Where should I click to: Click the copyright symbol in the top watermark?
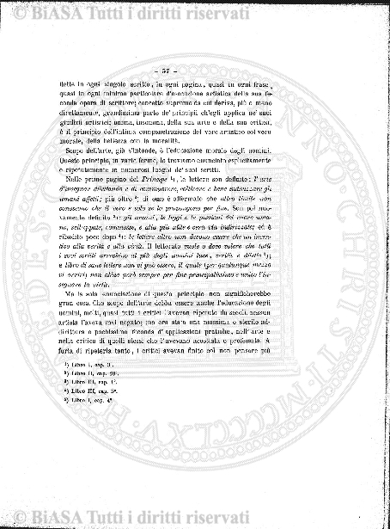coord(14,9)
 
